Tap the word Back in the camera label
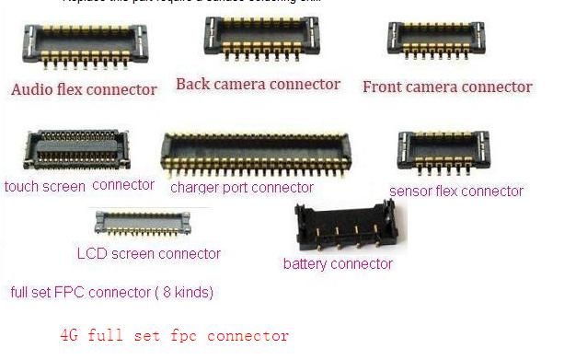click(193, 85)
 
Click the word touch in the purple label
click(22, 186)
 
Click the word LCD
click(90, 253)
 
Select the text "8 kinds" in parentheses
click(185, 293)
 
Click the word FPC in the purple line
click(75, 293)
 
